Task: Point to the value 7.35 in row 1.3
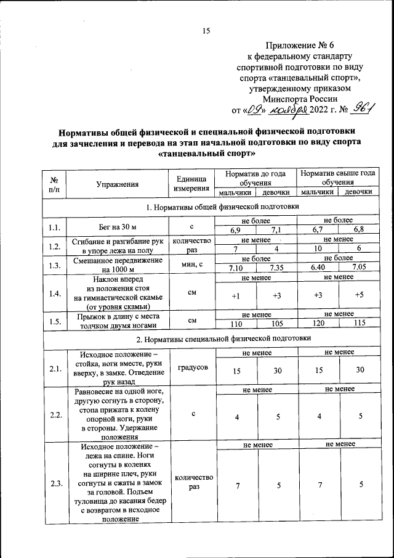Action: pyautogui.click(x=276, y=267)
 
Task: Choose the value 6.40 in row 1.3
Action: pyautogui.click(x=318, y=267)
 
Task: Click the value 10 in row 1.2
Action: pyautogui.click(x=318, y=248)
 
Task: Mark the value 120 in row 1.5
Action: pyautogui.click(x=318, y=323)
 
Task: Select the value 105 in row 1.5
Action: pyautogui.click(x=276, y=323)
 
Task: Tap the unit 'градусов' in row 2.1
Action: pyautogui.click(x=193, y=367)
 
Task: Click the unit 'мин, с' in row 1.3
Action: pyautogui.click(x=192, y=263)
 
